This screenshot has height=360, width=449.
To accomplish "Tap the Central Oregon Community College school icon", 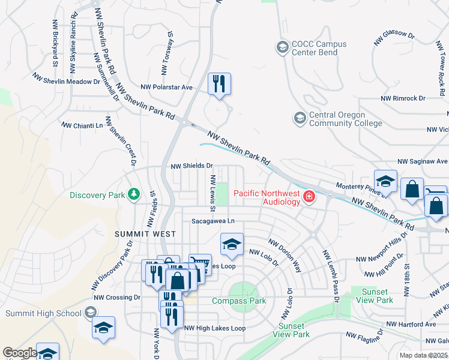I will [299, 118].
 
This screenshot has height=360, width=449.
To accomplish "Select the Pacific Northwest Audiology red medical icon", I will [309, 196].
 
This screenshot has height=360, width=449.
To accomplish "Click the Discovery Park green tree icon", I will [133, 194].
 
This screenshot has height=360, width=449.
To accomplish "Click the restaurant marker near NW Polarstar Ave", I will [219, 83].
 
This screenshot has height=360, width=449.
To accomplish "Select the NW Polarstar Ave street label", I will [166, 87].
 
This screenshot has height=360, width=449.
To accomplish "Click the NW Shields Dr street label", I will [192, 166].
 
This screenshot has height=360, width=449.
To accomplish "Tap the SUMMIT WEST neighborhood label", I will [145, 234].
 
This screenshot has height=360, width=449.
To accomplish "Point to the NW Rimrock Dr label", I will [402, 98].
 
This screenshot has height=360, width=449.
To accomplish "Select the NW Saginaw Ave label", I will [423, 161].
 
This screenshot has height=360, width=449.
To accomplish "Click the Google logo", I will [19, 353].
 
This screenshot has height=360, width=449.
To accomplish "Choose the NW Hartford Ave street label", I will [411, 324].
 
